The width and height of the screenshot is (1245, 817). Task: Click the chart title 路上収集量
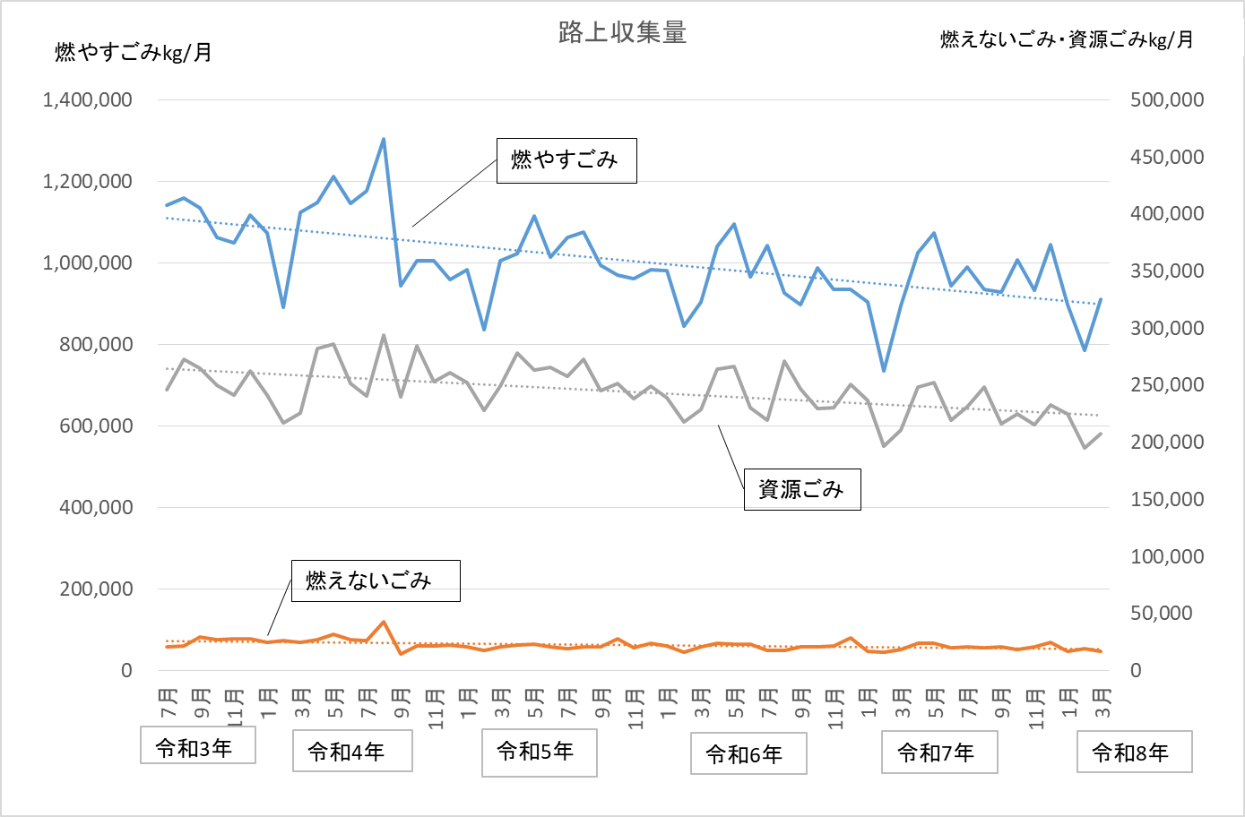pos(622,32)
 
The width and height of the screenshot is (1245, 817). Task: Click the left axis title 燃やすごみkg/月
pos(133,52)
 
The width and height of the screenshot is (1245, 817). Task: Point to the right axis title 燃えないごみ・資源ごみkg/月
pos(1067,39)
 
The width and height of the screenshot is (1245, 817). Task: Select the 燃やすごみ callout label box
pos(566,160)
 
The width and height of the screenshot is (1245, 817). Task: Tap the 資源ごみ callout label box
pos(802,489)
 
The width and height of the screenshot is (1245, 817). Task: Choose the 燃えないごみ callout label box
pos(376,580)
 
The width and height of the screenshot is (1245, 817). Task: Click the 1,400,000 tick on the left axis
pos(88,99)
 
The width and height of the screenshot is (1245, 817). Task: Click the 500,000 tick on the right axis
pos(1167,99)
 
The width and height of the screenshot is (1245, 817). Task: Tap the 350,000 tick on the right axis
pos(1167,271)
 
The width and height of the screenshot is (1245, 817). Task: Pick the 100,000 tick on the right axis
pos(1167,556)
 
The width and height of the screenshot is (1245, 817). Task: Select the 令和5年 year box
pos(540,752)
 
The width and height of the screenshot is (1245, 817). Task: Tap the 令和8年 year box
pos(1134,752)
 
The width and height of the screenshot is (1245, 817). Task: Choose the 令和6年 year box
pos(748,753)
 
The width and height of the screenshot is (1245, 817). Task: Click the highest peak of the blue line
pos(384,139)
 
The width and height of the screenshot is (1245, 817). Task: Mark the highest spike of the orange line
pos(384,622)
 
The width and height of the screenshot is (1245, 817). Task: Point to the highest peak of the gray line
pos(384,336)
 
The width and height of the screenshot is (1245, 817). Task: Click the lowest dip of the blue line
pos(884,371)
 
